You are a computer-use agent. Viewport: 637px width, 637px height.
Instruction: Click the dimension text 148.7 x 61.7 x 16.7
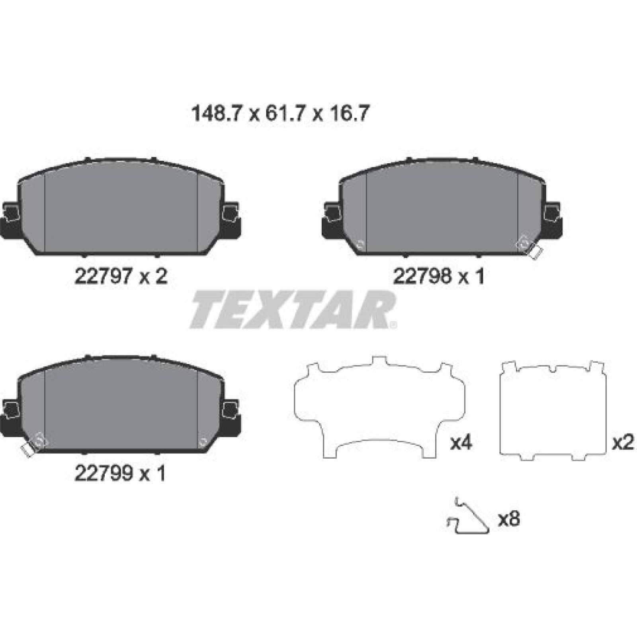pos(281,114)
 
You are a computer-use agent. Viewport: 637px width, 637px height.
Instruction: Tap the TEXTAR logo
pos(293,309)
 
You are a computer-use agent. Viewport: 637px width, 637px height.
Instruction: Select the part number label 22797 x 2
pos(121,276)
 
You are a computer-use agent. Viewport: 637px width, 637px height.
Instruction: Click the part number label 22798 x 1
pos(439,276)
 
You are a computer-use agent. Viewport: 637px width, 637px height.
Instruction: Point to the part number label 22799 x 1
pos(120,473)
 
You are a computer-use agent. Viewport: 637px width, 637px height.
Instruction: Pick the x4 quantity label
pos(461,443)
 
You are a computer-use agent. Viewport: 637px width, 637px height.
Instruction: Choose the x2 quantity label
pos(623,443)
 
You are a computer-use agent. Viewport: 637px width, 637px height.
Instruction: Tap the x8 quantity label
pos(509,519)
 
